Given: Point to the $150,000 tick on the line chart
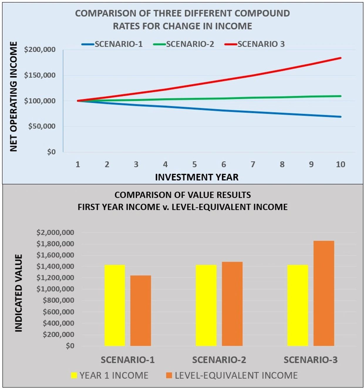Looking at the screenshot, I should click(40, 75).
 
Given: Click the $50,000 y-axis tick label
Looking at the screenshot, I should click(42, 126).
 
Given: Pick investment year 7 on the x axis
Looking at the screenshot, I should click(253, 165).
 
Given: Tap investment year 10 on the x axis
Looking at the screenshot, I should click(340, 165).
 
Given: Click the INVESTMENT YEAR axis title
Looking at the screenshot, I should click(197, 177).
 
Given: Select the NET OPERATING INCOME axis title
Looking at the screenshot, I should click(14, 97).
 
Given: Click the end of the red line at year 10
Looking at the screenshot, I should click(340, 58).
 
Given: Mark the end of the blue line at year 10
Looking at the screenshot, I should click(340, 117).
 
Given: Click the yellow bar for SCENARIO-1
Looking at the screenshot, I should click(114, 305).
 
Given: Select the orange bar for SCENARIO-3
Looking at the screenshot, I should click(323, 293).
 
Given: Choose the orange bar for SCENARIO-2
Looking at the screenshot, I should click(232, 304).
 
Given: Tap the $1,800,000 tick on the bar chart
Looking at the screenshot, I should click(55, 244).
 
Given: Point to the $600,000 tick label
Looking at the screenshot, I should click(58, 312).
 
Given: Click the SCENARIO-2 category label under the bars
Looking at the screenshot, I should click(219, 360).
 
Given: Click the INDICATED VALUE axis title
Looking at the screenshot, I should click(18, 293).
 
